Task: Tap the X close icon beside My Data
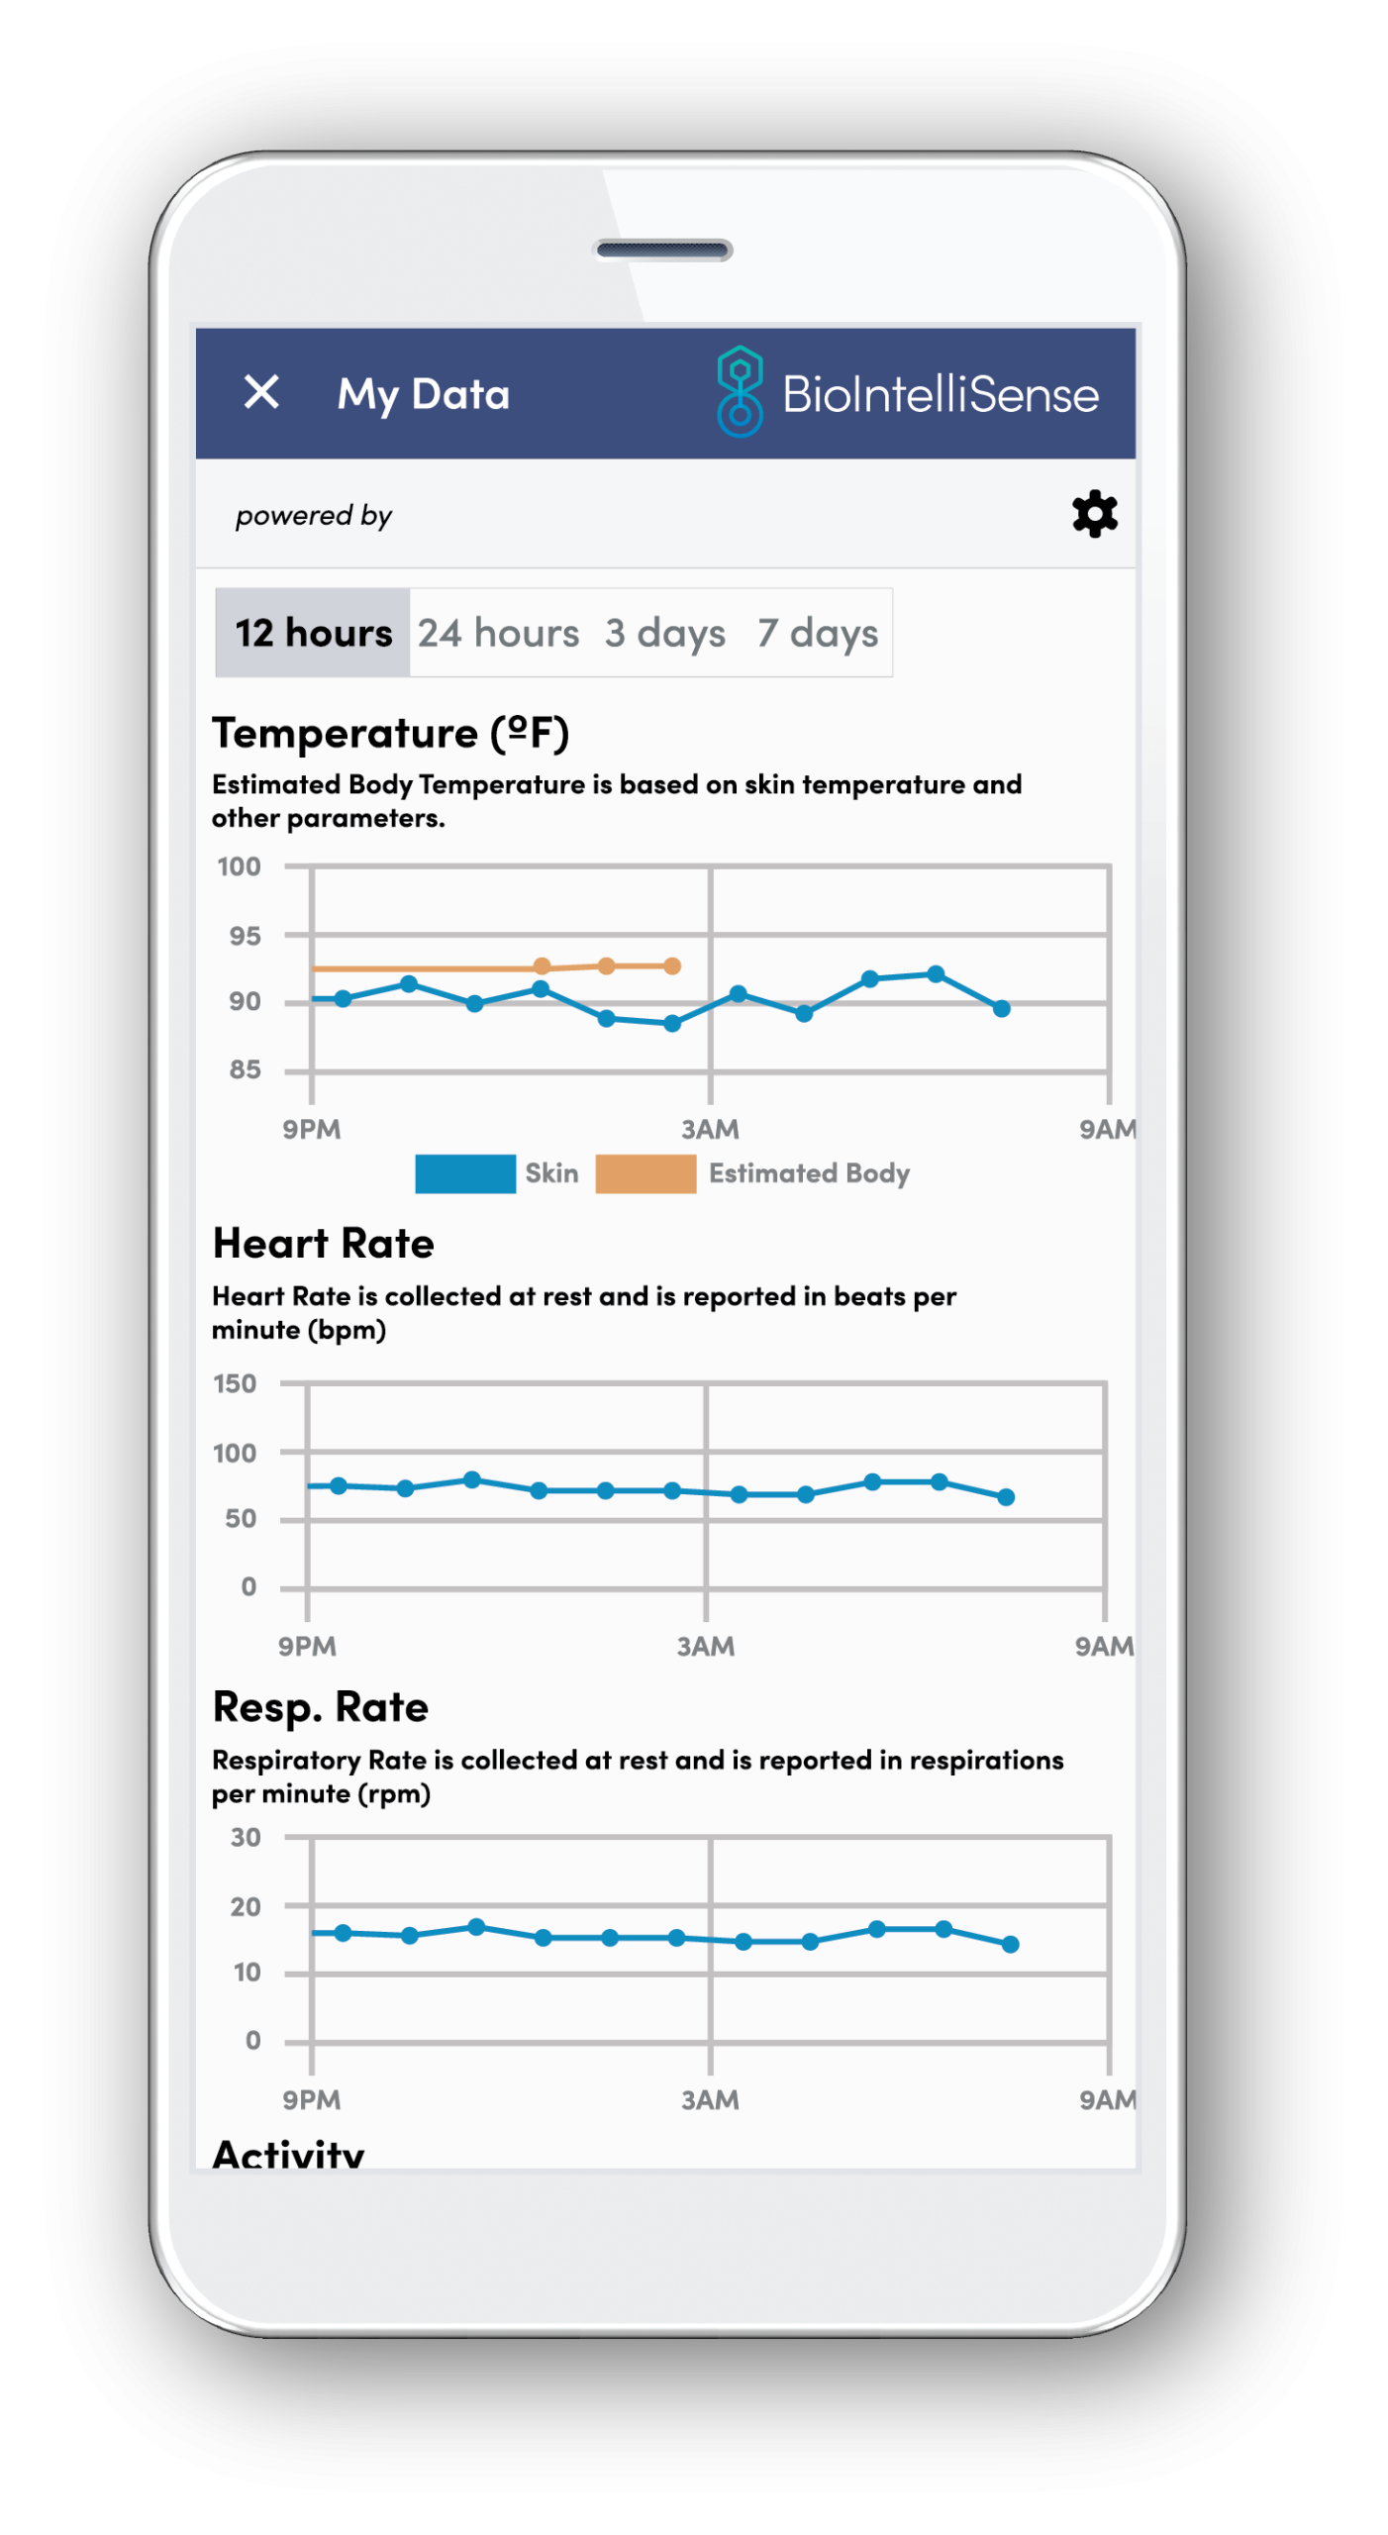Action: pyautogui.click(x=261, y=392)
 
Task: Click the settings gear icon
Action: pyautogui.click(x=1095, y=514)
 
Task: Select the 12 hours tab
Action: pyautogui.click(x=313, y=633)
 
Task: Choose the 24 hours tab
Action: pyautogui.click(x=498, y=633)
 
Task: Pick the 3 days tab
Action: pyautogui.click(x=665, y=633)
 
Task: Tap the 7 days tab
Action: pyautogui.click(x=818, y=633)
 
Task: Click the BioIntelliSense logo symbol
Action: pyautogui.click(x=740, y=392)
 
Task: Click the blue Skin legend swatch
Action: pyautogui.click(x=464, y=1173)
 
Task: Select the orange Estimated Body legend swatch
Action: pyautogui.click(x=645, y=1173)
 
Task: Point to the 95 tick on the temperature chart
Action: pyautogui.click(x=245, y=936)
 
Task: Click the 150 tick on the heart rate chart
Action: pyautogui.click(x=236, y=1383)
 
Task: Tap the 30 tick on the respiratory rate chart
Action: pyautogui.click(x=246, y=1838)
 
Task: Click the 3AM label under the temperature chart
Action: pyautogui.click(x=710, y=1129)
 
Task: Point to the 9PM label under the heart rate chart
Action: pyautogui.click(x=307, y=1646)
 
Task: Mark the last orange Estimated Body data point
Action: pyautogui.click(x=672, y=965)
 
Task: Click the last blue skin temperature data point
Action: pyautogui.click(x=1002, y=1008)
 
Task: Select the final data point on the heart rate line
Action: pyautogui.click(x=1006, y=1497)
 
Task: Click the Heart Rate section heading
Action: pyautogui.click(x=324, y=1244)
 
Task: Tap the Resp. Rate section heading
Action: pyautogui.click(x=321, y=1707)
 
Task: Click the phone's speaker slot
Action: pyautogui.click(x=663, y=250)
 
